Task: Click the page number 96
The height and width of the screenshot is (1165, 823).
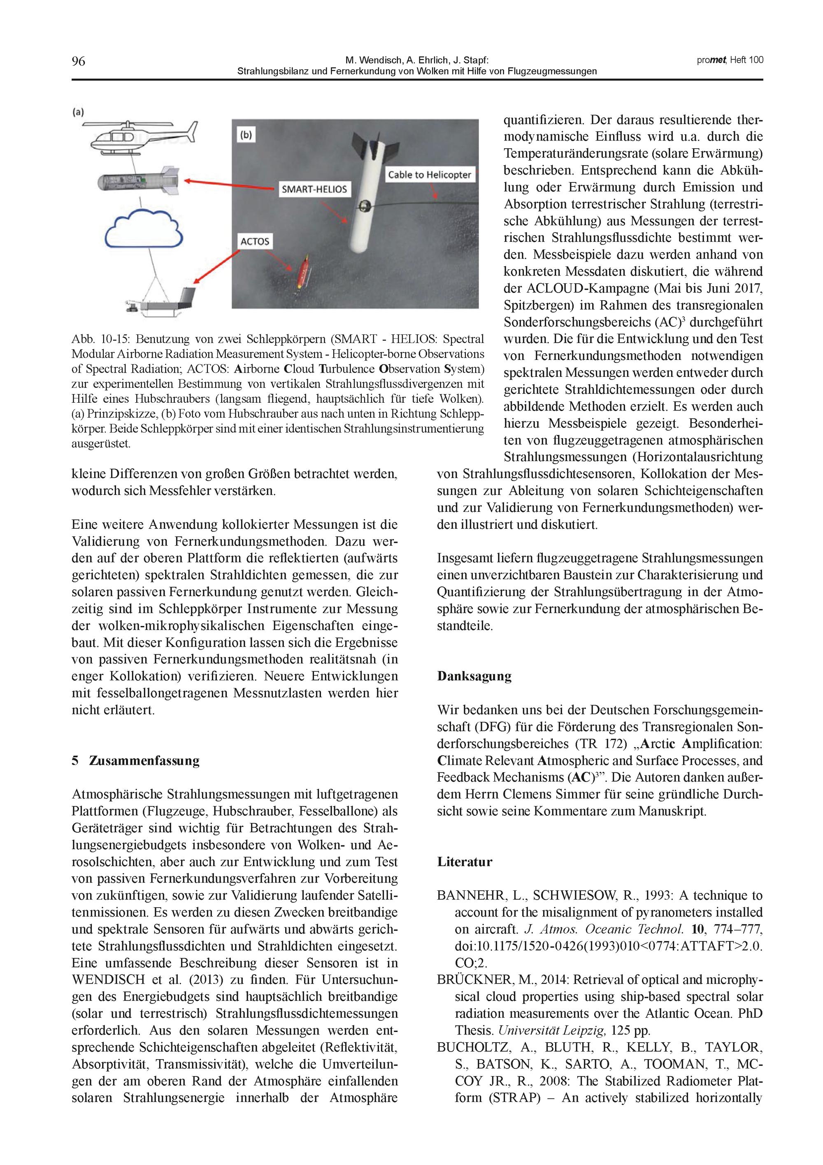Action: pyautogui.click(x=78, y=62)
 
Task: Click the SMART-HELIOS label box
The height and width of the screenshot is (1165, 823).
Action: pyautogui.click(x=314, y=190)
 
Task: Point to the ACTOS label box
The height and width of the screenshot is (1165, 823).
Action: pyautogui.click(x=255, y=241)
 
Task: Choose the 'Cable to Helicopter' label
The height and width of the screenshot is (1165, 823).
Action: pyautogui.click(x=429, y=175)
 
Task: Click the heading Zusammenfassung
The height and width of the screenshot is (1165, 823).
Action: pyautogui.click(x=144, y=761)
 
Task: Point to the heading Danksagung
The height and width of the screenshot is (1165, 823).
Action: pyautogui.click(x=474, y=676)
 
